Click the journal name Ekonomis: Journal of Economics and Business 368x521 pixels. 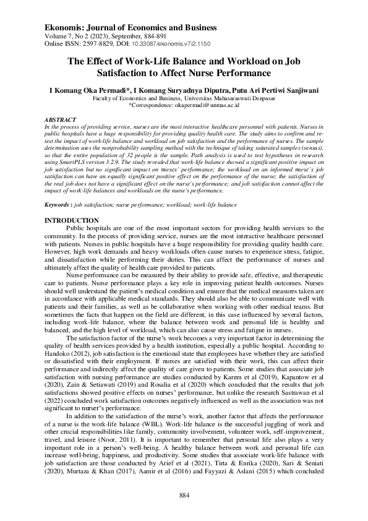131,28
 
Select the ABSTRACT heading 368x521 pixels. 60,119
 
